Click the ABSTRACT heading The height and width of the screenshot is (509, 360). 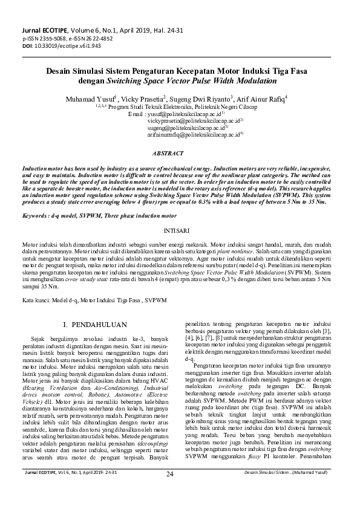(x=179, y=154)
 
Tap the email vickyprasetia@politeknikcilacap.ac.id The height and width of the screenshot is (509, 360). (x=195, y=120)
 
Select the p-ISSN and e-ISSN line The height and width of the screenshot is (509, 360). (x=63, y=38)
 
